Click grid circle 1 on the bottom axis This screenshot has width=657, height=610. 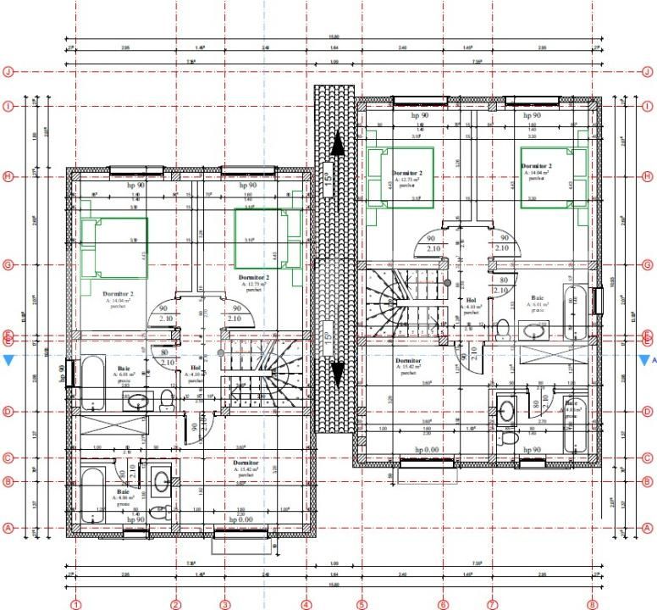[x=75, y=604]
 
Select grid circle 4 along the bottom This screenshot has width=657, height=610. [x=306, y=604]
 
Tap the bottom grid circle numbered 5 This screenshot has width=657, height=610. [x=362, y=604]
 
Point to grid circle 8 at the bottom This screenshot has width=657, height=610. [x=592, y=604]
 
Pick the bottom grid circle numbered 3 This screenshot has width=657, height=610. [x=224, y=604]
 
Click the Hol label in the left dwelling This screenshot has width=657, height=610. [x=195, y=369]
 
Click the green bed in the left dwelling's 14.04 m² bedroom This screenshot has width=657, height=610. [x=114, y=246]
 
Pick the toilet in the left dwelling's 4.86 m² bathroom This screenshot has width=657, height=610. [x=166, y=512]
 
